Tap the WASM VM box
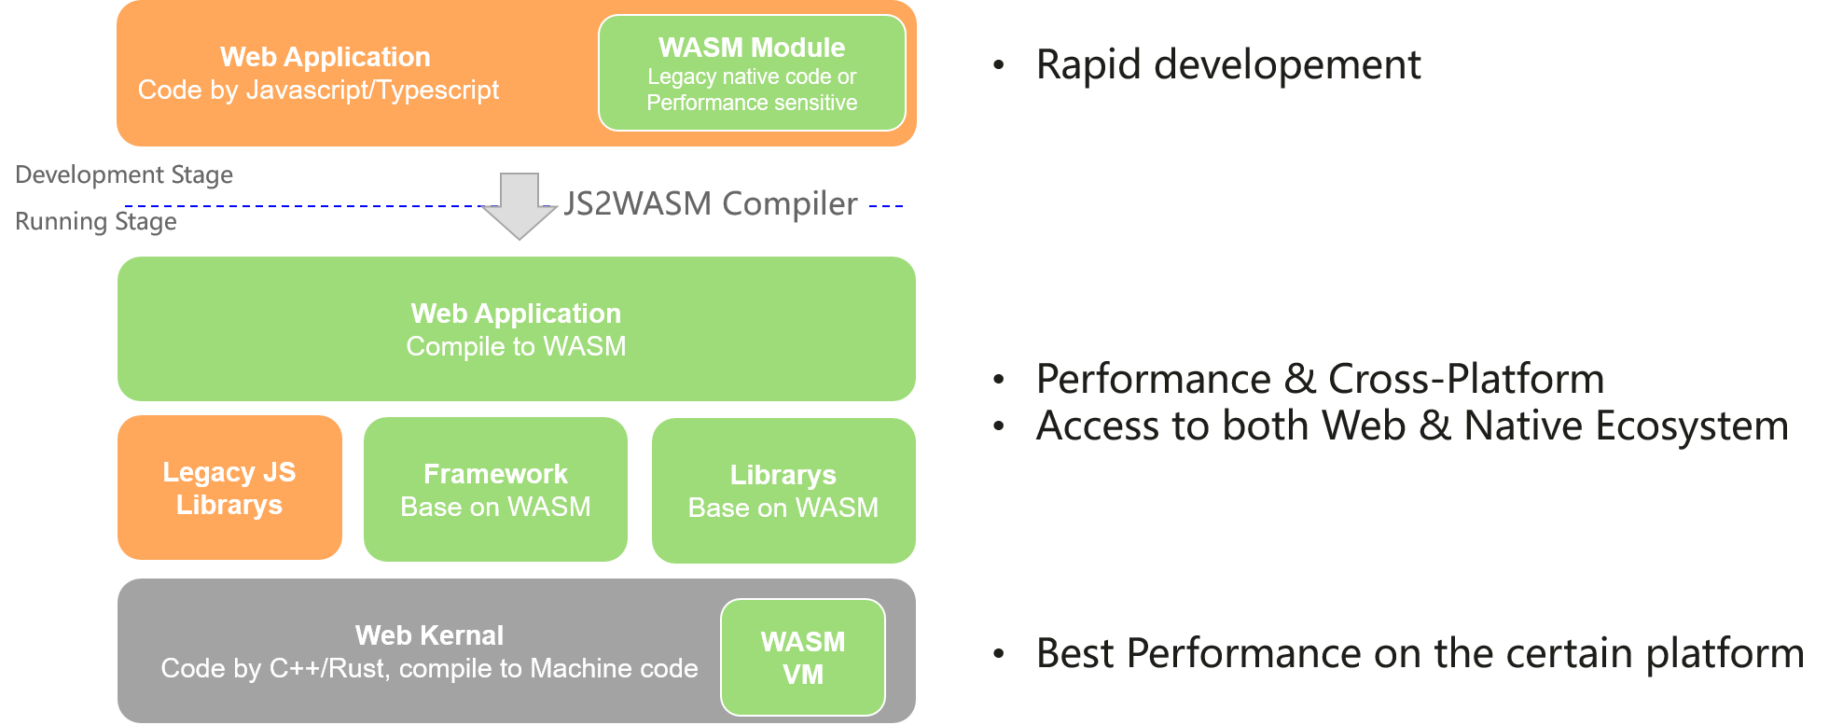(802, 658)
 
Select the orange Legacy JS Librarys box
(229, 488)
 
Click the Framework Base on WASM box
(495, 490)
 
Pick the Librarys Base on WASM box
(783, 491)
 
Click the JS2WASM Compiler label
(711, 204)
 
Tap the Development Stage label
(124, 175)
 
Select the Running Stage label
(96, 222)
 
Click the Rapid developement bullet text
(1228, 65)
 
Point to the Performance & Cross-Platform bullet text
(1320, 379)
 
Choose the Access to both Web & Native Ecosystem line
(1412, 426)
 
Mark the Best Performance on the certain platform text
(1420, 653)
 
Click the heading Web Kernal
(429, 635)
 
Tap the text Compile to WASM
(516, 346)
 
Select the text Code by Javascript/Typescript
(318, 91)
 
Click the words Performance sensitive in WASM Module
(752, 103)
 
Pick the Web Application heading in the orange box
(325, 57)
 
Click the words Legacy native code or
(752, 77)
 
